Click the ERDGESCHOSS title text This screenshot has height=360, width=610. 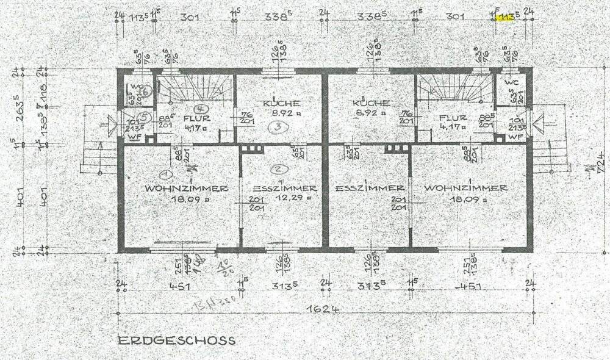(x=176, y=340)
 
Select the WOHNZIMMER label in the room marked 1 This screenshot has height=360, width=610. (x=187, y=189)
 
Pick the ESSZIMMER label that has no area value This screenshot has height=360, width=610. (x=370, y=189)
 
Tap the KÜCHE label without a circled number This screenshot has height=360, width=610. (x=370, y=104)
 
